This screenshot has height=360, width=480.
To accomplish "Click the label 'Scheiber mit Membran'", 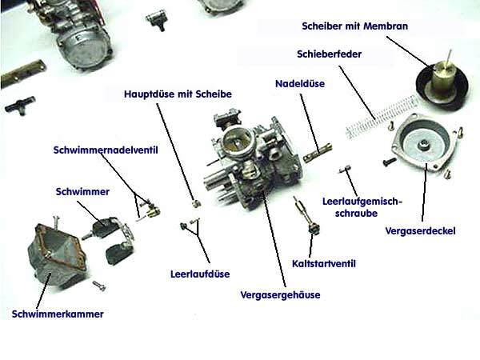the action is click(354, 26).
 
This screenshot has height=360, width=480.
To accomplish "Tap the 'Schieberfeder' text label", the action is click(329, 54).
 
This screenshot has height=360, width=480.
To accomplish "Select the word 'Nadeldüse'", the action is click(300, 83).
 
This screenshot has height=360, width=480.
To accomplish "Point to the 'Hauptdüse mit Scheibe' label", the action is click(178, 94).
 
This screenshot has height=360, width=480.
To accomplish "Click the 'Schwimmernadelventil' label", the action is click(106, 150).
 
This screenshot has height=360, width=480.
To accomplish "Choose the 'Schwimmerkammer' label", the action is click(58, 314).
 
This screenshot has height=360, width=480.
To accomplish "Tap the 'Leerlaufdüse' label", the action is click(200, 274).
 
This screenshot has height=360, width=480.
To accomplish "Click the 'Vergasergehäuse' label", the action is click(281, 295).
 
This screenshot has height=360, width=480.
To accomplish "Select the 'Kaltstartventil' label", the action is click(324, 263).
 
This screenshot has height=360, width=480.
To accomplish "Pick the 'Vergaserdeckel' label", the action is click(420, 231).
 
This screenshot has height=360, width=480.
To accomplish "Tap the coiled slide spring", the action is click(381, 118).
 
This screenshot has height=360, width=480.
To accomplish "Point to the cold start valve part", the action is click(307, 217).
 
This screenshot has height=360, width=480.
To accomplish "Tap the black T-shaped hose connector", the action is click(20, 105).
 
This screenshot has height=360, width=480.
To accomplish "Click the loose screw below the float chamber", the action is click(99, 286).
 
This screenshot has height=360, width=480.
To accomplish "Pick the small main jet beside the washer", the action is click(197, 203).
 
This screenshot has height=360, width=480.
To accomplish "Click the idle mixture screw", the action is click(345, 170).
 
